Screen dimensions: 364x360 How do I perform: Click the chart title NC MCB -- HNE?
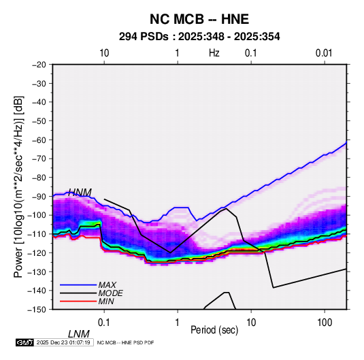click(x=199, y=19)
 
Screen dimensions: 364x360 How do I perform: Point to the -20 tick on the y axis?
click(x=39, y=65)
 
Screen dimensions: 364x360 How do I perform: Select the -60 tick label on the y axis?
click(x=39, y=140)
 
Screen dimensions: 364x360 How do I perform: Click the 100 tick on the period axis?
click(x=325, y=323)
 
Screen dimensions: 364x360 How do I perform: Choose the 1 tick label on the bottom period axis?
click(x=178, y=323)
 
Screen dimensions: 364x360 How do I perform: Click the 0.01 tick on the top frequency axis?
click(x=324, y=53)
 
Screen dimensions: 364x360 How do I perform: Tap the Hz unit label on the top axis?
click(x=214, y=53)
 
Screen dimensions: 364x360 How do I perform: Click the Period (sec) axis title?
click(x=214, y=330)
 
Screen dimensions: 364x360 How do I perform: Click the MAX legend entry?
click(x=107, y=284)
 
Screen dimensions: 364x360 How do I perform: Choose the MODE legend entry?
click(x=110, y=293)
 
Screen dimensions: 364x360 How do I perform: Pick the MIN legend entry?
click(x=106, y=301)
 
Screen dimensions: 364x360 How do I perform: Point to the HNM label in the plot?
click(x=80, y=193)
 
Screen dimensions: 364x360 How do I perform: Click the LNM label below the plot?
click(x=79, y=334)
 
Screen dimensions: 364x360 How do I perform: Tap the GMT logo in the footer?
click(x=24, y=342)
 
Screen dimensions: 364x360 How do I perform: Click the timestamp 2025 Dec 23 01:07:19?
click(x=63, y=342)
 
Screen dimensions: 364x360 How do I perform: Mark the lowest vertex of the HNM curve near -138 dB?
click(x=274, y=288)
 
